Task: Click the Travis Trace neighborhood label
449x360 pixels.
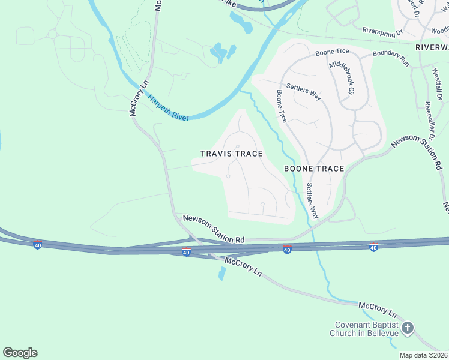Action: click(x=231, y=154)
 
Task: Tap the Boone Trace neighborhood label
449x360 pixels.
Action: click(x=314, y=169)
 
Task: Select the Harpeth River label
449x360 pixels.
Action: click(x=169, y=109)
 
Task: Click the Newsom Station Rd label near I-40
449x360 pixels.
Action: click(x=214, y=229)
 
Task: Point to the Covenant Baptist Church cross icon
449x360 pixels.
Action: click(x=408, y=328)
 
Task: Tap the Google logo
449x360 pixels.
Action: click(x=20, y=353)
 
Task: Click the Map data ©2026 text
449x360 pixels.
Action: click(x=424, y=355)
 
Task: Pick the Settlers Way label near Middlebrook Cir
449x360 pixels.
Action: click(x=303, y=92)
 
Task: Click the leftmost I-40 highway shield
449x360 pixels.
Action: click(x=37, y=245)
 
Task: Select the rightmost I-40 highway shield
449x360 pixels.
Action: click(x=373, y=247)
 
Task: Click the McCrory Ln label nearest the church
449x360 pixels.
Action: click(x=378, y=310)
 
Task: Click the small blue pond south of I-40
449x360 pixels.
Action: click(x=223, y=273)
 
